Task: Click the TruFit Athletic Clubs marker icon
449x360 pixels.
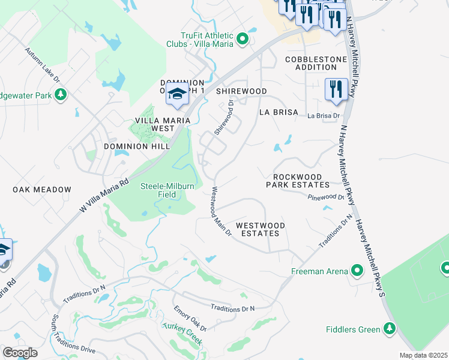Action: pyautogui.click(x=243, y=40)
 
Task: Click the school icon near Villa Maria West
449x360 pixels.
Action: pyautogui.click(x=177, y=95)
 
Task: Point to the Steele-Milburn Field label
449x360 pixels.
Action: pyautogui.click(x=167, y=190)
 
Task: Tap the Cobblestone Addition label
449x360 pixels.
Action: pyautogui.click(x=316, y=64)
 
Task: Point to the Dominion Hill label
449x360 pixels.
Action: pyautogui.click(x=134, y=146)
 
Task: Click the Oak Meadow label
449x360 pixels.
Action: pyautogui.click(x=42, y=190)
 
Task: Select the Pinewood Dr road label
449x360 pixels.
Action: pyautogui.click(x=326, y=197)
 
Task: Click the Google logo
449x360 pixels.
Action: pyautogui.click(x=20, y=353)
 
